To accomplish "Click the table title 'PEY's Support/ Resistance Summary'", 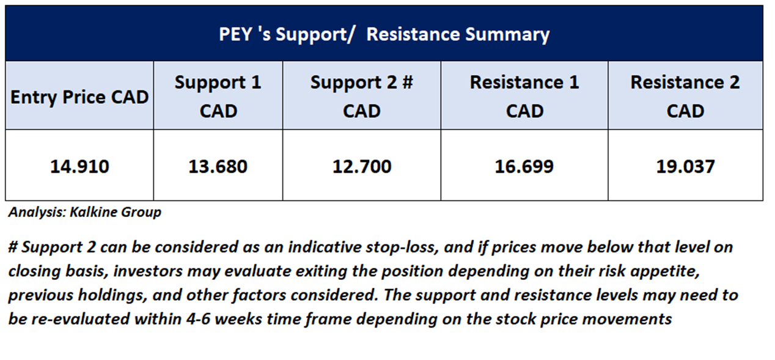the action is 384,35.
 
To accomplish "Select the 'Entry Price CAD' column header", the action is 79,97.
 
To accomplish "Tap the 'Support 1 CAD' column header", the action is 218,97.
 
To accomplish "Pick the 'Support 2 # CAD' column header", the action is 362,97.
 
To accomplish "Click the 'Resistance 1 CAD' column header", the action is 524,97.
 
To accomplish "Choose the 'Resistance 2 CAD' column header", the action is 685,97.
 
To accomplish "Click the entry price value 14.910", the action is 79,166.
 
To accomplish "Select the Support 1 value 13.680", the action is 218,166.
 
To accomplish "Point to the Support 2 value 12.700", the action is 362,166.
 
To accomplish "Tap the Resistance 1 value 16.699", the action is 524,166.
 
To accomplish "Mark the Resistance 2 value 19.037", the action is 685,166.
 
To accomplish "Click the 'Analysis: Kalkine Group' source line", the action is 85,212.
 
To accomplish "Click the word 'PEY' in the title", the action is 235,34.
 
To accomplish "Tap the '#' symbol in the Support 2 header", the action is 408,83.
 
